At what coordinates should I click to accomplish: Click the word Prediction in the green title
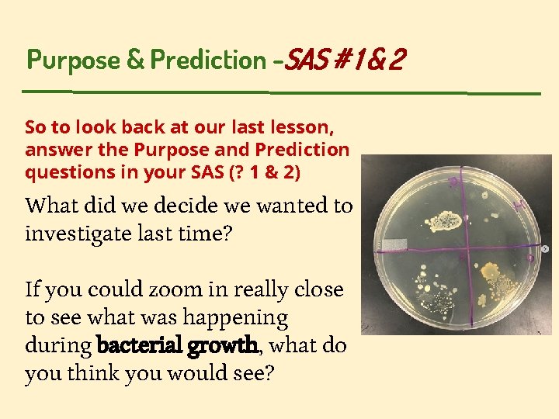click(208, 60)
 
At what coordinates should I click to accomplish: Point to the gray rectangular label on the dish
click(392, 244)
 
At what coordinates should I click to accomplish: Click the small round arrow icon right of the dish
click(545, 248)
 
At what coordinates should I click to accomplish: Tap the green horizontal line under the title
click(279, 92)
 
